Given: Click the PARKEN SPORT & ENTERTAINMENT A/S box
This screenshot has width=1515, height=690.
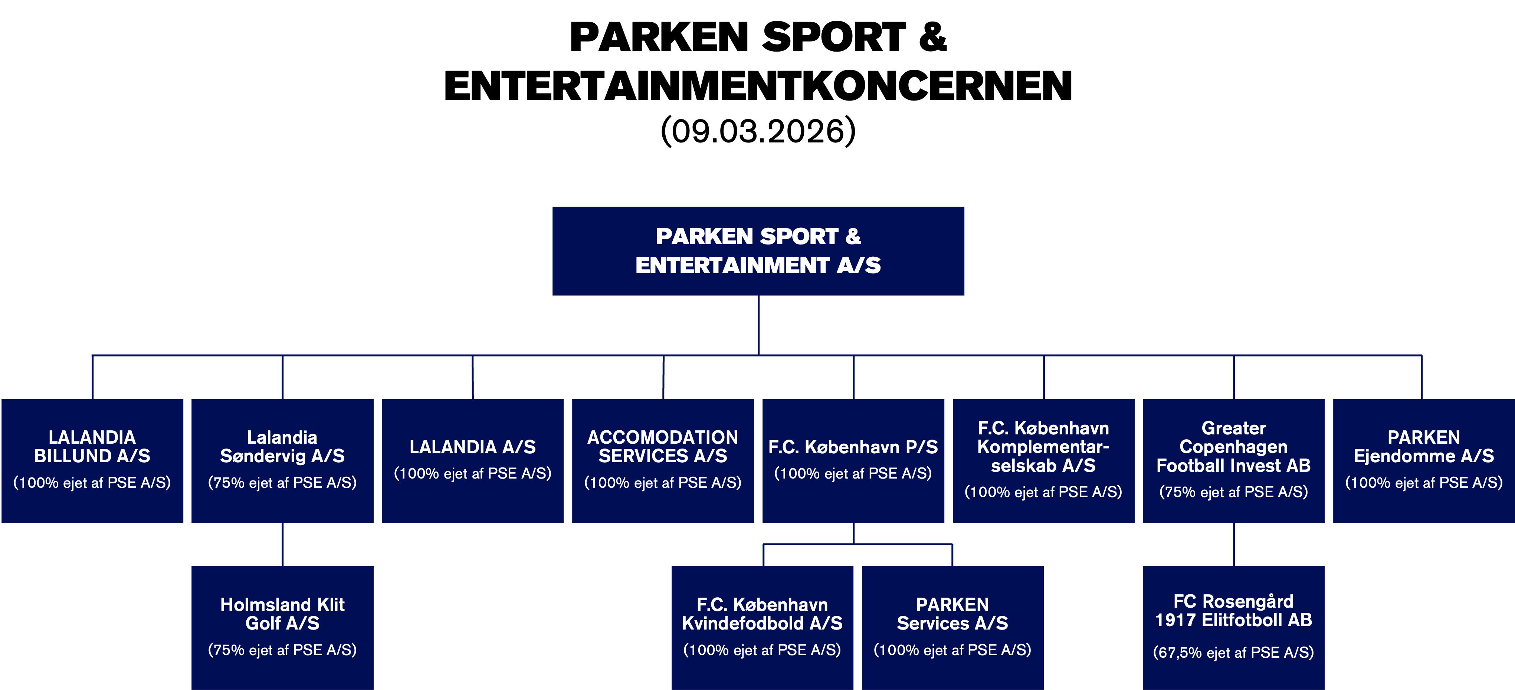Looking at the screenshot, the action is pos(758,251).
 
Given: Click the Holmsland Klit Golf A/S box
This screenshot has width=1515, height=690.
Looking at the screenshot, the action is pos(282,627).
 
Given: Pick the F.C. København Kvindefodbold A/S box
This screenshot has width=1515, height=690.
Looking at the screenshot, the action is pos(762,627).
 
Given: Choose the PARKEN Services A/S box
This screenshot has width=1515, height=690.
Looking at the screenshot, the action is pos(952,627).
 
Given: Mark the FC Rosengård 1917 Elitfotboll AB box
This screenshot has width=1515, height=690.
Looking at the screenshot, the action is pos(1233,627).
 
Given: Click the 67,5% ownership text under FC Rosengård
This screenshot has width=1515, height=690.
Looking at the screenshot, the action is pos(1233,653).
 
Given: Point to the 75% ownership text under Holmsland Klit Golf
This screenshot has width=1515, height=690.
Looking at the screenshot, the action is pos(282,650).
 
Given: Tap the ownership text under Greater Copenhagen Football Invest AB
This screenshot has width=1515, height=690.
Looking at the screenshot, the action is pos(1233,492).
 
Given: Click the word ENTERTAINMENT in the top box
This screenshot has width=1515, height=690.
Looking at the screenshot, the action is pos(732,265).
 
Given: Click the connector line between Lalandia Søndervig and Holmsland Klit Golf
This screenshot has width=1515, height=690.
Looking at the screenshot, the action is pos(283,544).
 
